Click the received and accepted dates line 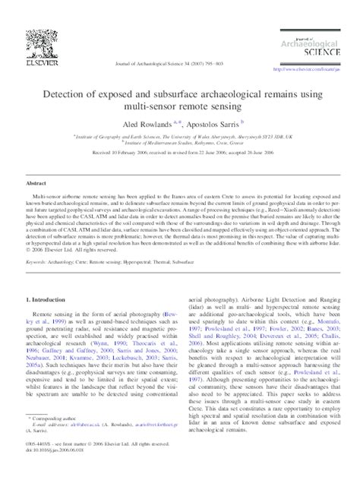[x=179, y=153]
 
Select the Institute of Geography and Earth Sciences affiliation [x=181, y=134]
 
